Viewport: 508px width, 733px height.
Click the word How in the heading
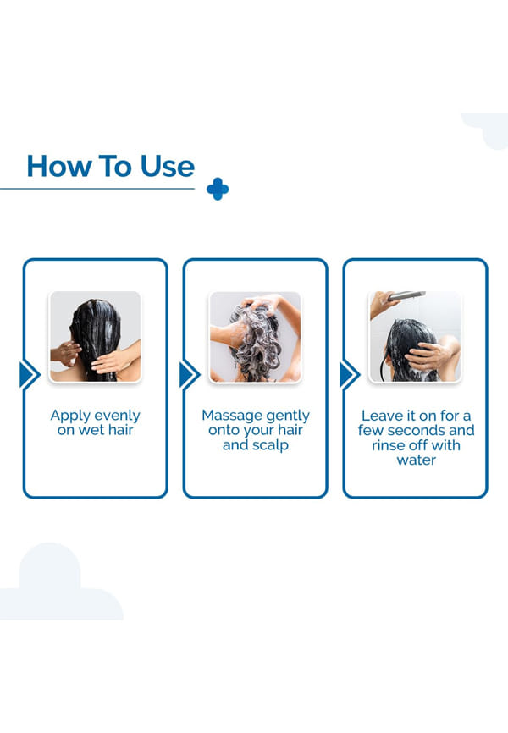[x=58, y=167]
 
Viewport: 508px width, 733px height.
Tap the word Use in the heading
[x=168, y=167]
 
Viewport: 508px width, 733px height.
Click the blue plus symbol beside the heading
[x=218, y=189]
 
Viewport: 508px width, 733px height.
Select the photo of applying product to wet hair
[x=95, y=337]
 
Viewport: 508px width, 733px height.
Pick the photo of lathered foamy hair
[x=255, y=337]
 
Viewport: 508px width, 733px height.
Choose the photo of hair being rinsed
[x=415, y=337]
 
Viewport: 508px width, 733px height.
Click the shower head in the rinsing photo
[x=406, y=296]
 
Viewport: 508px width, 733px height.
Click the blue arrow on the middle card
[x=190, y=375]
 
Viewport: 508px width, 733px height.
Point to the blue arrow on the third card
[x=350, y=375]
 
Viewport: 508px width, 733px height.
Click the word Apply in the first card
[x=69, y=416]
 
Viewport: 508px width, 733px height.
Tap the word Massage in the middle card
[x=229, y=416]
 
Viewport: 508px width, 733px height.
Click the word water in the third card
[x=417, y=460]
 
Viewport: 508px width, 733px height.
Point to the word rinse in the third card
[x=387, y=445]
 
